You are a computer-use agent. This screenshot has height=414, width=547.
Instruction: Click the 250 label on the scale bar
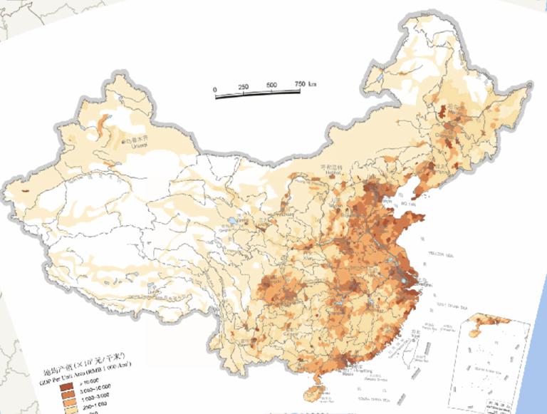tap(243, 87)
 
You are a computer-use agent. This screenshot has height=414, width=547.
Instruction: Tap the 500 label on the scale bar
tap(271, 86)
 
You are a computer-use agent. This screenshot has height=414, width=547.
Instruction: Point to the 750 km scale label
tap(304, 84)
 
